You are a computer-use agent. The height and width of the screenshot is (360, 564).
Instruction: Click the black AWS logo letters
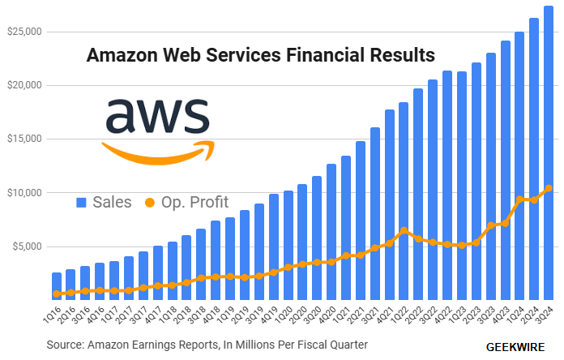[157, 116]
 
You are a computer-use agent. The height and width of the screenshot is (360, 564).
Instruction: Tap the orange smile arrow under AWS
[159, 152]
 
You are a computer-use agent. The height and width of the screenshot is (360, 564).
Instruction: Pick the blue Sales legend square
[81, 202]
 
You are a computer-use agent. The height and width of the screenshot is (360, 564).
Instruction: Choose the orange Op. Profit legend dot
[150, 202]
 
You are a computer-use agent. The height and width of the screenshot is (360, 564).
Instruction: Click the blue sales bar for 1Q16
[57, 284]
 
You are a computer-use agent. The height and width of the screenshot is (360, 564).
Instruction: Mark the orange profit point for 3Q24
[549, 188]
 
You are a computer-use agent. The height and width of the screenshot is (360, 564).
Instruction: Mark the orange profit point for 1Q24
[519, 199]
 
